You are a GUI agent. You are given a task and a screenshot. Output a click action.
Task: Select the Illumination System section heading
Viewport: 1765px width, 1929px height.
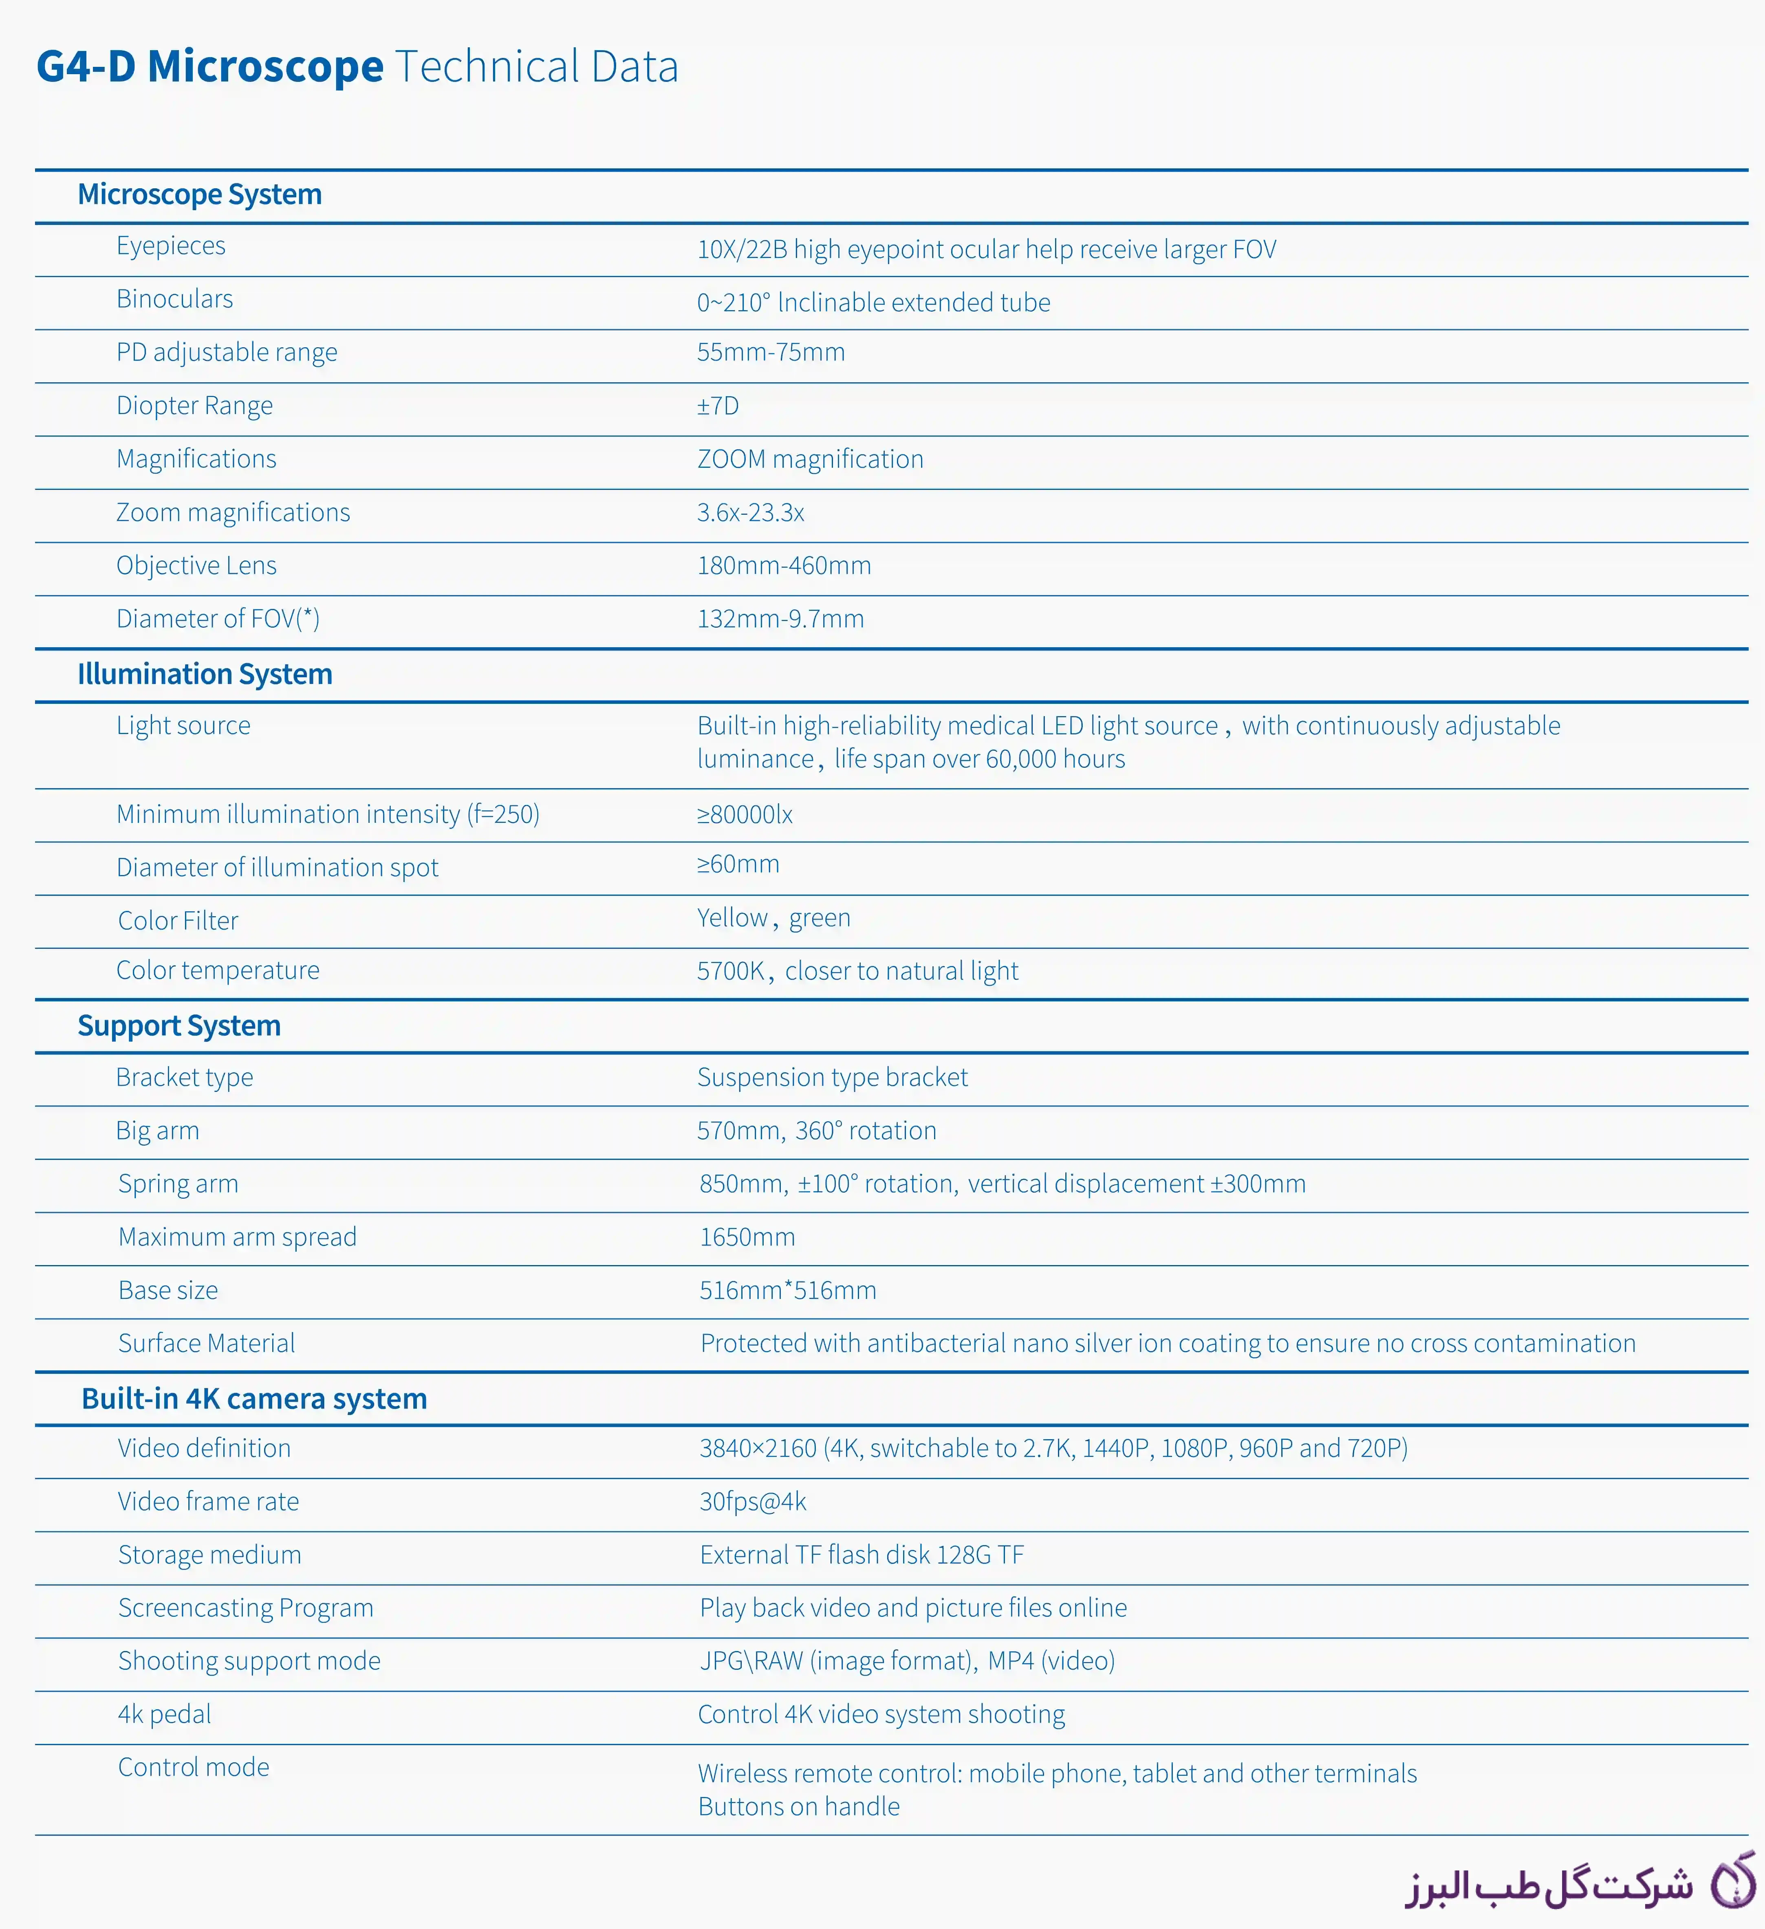[x=205, y=675]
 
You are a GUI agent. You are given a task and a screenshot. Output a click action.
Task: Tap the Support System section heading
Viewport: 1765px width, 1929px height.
[x=179, y=1026]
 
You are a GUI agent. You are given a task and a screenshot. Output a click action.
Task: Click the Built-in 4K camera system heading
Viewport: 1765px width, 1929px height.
[x=253, y=1399]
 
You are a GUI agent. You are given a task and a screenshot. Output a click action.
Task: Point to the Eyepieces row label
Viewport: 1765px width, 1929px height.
[x=171, y=246]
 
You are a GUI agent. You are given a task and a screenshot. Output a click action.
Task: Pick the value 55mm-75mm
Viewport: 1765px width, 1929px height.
[x=770, y=352]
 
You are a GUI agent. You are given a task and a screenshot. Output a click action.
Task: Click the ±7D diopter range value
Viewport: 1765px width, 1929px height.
[x=718, y=406]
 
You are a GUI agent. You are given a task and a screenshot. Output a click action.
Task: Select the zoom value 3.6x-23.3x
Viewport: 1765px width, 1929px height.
[x=750, y=513]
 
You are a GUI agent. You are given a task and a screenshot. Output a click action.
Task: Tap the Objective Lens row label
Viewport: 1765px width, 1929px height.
[x=196, y=566]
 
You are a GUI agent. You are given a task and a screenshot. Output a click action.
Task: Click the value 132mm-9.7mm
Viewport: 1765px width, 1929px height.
[x=780, y=619]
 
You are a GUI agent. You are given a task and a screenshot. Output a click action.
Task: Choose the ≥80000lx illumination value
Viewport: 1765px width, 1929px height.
[x=744, y=814]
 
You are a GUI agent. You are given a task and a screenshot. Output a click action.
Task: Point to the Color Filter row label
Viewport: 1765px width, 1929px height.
[x=178, y=921]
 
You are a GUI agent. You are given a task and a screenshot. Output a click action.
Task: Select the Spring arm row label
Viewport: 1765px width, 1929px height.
[x=178, y=1184]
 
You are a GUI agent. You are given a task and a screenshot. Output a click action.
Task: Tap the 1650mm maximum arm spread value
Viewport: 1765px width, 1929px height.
[x=747, y=1237]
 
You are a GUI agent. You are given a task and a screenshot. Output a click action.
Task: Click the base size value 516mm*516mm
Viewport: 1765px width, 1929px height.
[x=787, y=1291]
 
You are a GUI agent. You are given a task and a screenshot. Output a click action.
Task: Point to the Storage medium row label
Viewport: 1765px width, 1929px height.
[x=209, y=1555]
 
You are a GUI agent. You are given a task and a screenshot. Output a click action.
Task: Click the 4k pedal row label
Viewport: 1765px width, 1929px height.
[x=165, y=1714]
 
